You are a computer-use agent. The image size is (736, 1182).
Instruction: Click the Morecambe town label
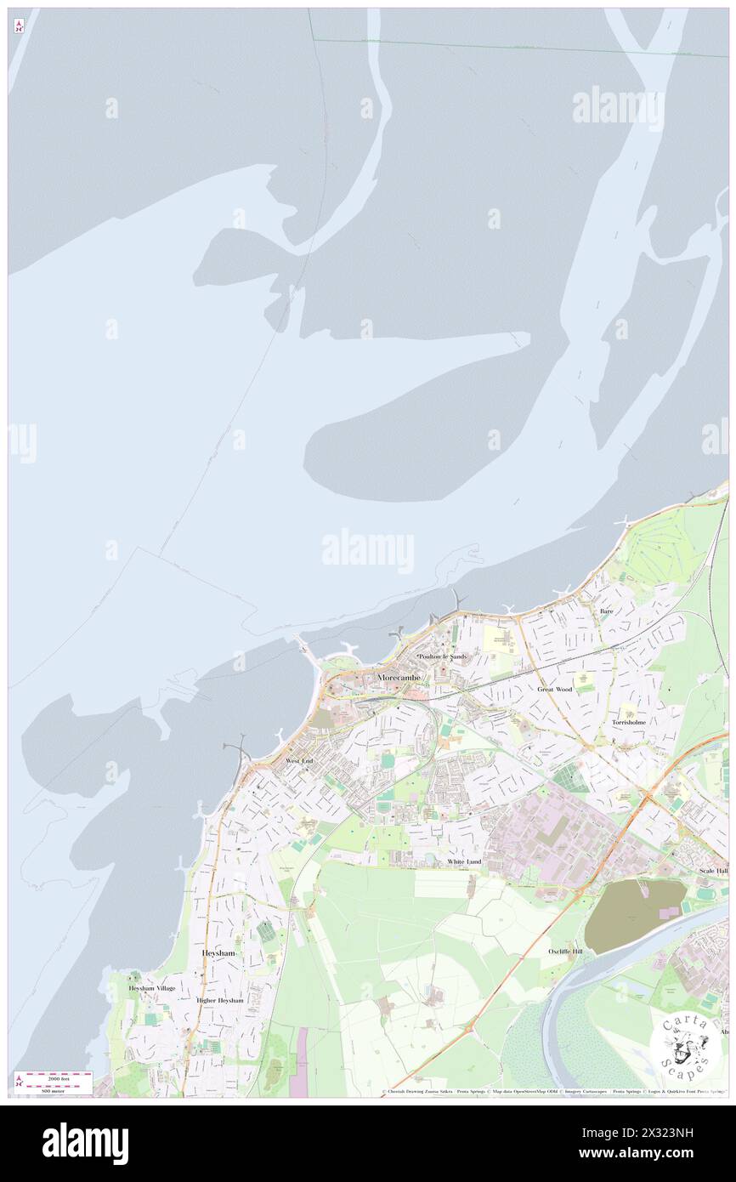point(397,676)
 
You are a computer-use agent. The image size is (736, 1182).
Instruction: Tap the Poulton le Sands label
point(442,657)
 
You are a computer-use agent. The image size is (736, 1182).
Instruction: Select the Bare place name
point(606,611)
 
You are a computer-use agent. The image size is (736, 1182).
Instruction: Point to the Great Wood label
point(554,689)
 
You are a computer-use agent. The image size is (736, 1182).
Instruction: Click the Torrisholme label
point(629,722)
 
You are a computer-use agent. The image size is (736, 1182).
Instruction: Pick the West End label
point(299,760)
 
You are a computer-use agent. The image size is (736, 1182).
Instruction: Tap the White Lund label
point(464,861)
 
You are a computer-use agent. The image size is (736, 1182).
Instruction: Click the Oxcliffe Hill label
point(565,951)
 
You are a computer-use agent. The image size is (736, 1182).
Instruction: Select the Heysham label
point(218,953)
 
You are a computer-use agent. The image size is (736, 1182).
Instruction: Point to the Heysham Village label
point(152,988)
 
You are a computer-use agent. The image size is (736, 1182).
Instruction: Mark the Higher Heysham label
point(219,1000)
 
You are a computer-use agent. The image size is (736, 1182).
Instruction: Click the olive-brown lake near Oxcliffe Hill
point(633,914)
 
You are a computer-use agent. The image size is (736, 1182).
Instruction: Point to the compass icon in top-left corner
point(19,26)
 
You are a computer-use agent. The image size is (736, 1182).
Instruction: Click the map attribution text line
point(552,1091)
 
